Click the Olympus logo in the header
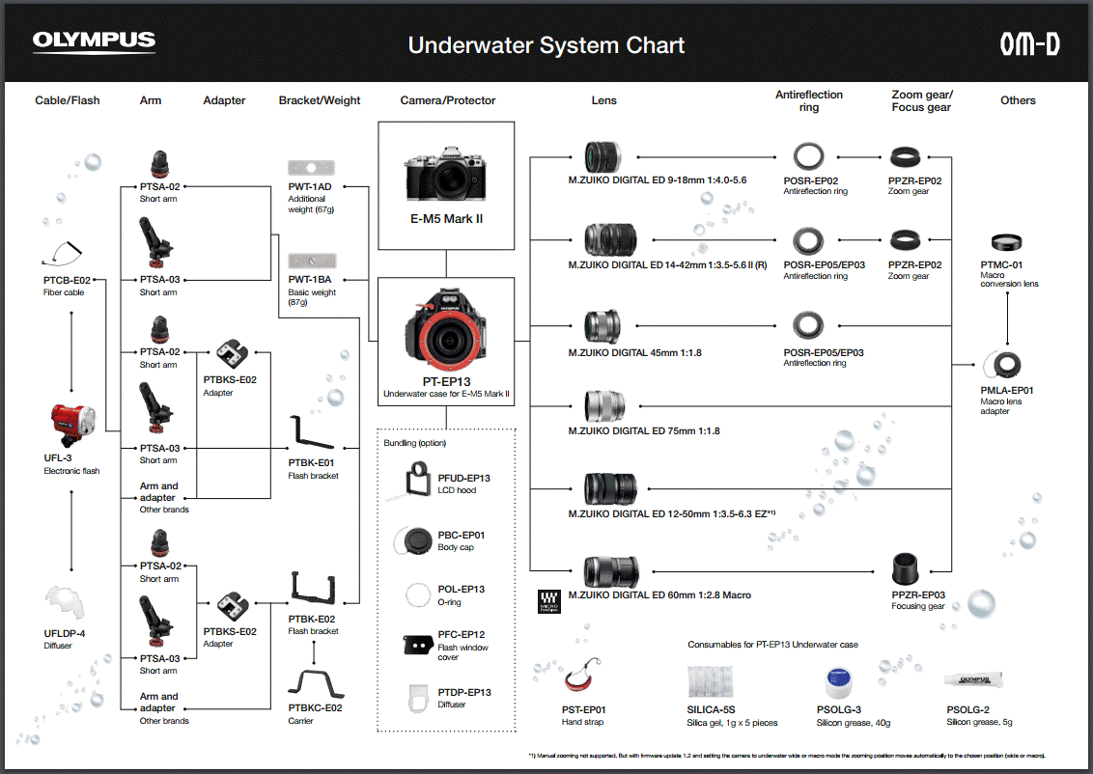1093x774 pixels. click(x=94, y=41)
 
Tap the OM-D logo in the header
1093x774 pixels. click(x=1029, y=43)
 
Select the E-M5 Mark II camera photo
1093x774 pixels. click(x=446, y=176)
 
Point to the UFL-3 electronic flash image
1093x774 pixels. click(x=72, y=423)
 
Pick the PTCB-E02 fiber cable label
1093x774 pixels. click(x=67, y=280)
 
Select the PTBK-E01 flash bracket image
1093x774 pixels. click(x=312, y=434)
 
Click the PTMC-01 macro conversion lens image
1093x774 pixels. click(x=1007, y=242)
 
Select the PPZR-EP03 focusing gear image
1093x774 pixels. click(x=907, y=568)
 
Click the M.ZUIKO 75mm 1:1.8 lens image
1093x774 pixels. click(x=604, y=405)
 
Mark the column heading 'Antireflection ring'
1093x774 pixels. click(x=809, y=100)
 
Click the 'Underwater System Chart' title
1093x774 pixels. click(x=546, y=45)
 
